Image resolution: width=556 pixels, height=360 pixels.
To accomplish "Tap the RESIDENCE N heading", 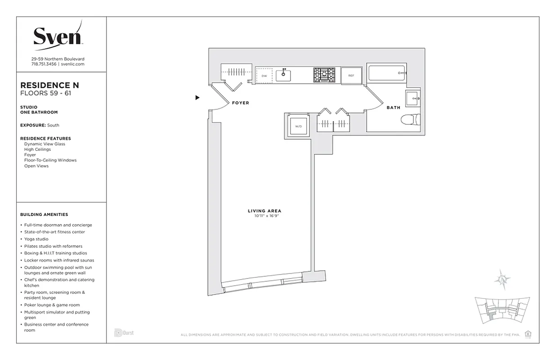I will [50, 85].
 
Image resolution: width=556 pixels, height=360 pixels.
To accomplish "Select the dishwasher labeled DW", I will [264, 76].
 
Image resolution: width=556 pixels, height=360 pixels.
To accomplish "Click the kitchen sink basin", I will [283, 76].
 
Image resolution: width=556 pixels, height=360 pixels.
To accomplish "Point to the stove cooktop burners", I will [324, 75].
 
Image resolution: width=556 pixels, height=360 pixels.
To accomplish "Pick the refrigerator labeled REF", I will [351, 76].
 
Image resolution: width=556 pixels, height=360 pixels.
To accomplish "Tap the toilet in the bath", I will [410, 120].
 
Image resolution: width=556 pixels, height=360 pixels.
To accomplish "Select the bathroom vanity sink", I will [413, 98].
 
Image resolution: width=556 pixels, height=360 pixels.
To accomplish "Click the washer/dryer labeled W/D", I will [298, 126].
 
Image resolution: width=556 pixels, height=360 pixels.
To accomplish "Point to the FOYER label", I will [240, 103].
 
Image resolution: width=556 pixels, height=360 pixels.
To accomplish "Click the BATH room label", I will [393, 108].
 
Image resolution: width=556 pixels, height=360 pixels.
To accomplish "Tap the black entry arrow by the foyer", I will [197, 97].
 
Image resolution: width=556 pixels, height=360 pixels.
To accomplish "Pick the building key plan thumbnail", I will [502, 311].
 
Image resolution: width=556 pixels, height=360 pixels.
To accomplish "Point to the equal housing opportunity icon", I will [528, 334].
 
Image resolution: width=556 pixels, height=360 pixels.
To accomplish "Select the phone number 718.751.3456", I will [44, 64].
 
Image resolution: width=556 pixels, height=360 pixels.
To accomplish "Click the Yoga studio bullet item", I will [36, 239].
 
